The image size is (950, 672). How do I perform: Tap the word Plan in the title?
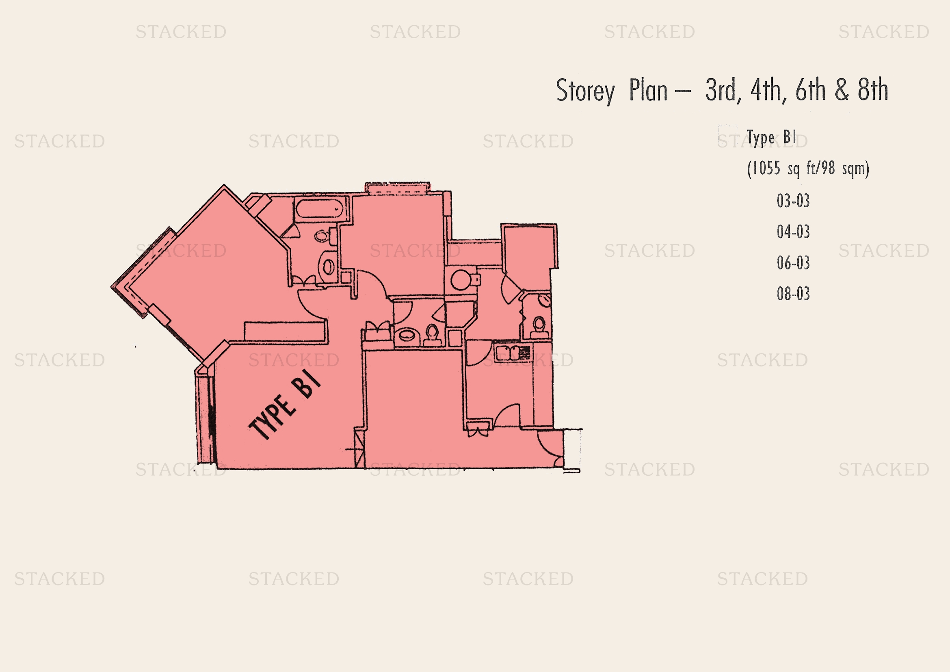tap(648, 90)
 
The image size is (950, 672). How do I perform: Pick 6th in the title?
tap(811, 90)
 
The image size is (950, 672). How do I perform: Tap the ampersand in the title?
tap(842, 90)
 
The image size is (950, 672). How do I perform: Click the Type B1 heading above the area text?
tap(771, 138)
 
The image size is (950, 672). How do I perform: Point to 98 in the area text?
tap(828, 169)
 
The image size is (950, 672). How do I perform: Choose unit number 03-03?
tap(793, 201)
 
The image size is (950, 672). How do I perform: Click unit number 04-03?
tap(793, 232)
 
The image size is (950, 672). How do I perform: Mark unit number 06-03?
tap(793, 263)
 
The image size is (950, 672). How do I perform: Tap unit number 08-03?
tap(793, 294)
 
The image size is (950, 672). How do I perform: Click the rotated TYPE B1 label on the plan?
tap(284, 404)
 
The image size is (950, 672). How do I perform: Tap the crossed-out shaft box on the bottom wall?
tap(360, 448)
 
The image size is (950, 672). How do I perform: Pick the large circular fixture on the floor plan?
tap(460, 280)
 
